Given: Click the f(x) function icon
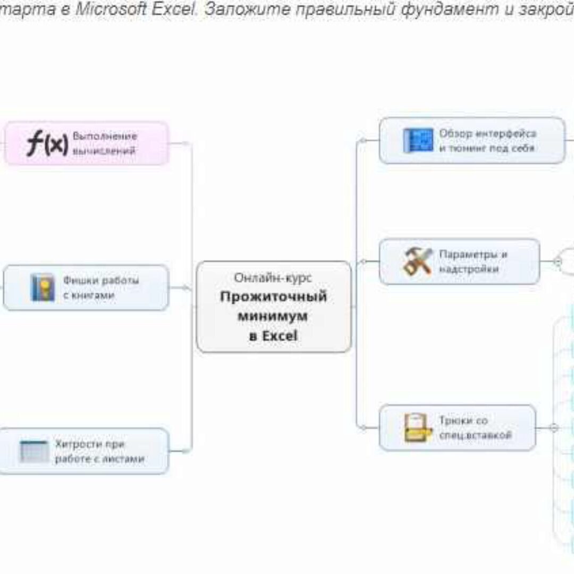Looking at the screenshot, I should pyautogui.click(x=48, y=143).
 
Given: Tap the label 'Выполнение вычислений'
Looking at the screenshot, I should pyautogui.click(x=105, y=143).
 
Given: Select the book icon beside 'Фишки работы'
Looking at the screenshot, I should pyautogui.click(x=43, y=288).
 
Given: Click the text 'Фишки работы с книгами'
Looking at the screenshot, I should pyautogui.click(x=101, y=288).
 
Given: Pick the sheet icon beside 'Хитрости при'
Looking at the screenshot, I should pyautogui.click(x=34, y=451).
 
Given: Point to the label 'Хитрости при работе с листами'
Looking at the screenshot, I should pyautogui.click(x=99, y=451).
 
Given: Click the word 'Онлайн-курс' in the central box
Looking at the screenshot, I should pyautogui.click(x=273, y=277).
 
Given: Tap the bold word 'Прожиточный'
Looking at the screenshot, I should pyautogui.click(x=273, y=297).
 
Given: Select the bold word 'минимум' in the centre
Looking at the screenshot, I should pyautogui.click(x=273, y=316).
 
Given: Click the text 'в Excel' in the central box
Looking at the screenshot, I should pyautogui.click(x=273, y=336).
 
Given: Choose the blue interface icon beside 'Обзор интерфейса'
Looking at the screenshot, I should pyautogui.click(x=418, y=141).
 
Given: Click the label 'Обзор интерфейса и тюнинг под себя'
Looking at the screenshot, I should pyautogui.click(x=487, y=141).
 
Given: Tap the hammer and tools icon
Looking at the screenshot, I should pyautogui.click(x=418, y=261).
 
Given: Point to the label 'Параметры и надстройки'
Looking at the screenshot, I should pyautogui.click(x=473, y=261).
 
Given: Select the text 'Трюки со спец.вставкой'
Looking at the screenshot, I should pyautogui.click(x=475, y=428).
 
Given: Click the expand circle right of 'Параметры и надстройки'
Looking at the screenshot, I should pyautogui.click(x=557, y=261).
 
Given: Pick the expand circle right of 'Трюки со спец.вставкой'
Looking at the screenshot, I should pyautogui.click(x=553, y=428).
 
